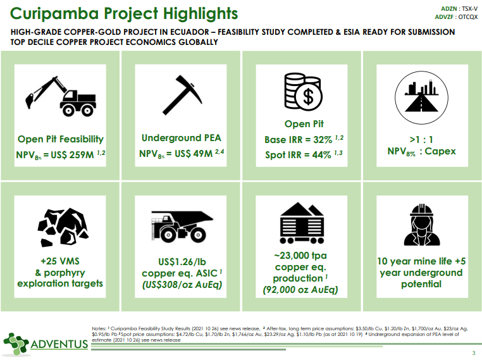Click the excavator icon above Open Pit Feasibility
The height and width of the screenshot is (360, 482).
(x=61, y=96)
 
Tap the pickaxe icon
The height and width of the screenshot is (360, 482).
(x=182, y=95)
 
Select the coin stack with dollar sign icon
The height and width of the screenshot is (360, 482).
(x=303, y=92)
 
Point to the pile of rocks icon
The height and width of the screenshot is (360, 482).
(x=63, y=228)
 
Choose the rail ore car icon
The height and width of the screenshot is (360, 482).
(x=302, y=223)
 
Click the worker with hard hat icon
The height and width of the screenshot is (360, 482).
(x=422, y=225)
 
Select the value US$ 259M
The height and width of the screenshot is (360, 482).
(x=72, y=154)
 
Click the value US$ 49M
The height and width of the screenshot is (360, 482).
(x=194, y=153)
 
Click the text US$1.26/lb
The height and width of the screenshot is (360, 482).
(x=182, y=262)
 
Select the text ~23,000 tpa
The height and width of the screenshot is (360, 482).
(x=300, y=256)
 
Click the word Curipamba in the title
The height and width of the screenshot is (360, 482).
(x=54, y=14)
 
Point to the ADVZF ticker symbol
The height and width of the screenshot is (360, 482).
(x=444, y=17)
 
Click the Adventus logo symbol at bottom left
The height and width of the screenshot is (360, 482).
(x=15, y=344)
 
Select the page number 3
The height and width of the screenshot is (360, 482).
(x=474, y=353)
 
